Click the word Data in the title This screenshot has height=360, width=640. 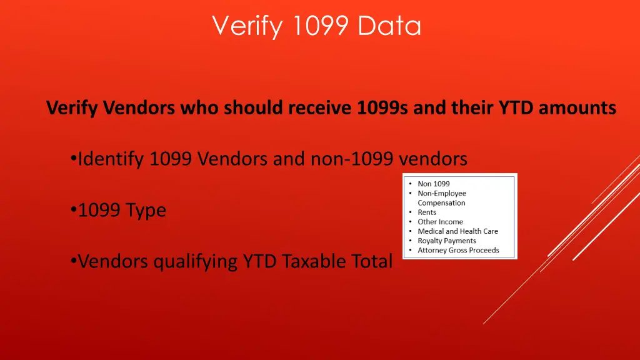click(x=389, y=26)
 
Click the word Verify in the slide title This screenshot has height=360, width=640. click(x=241, y=26)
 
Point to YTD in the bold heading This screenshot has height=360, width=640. click(x=516, y=108)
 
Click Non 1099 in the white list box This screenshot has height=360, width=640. click(x=434, y=184)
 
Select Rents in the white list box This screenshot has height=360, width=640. click(x=427, y=212)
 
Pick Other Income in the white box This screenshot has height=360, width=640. click(x=440, y=222)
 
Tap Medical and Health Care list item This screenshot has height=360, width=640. click(x=457, y=231)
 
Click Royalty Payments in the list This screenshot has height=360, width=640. click(x=447, y=241)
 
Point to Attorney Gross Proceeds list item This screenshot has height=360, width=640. click(x=458, y=250)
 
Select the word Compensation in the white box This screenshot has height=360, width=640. click(x=441, y=203)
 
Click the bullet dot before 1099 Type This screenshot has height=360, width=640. click(x=74, y=211)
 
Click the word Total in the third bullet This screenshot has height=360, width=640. click(x=371, y=261)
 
